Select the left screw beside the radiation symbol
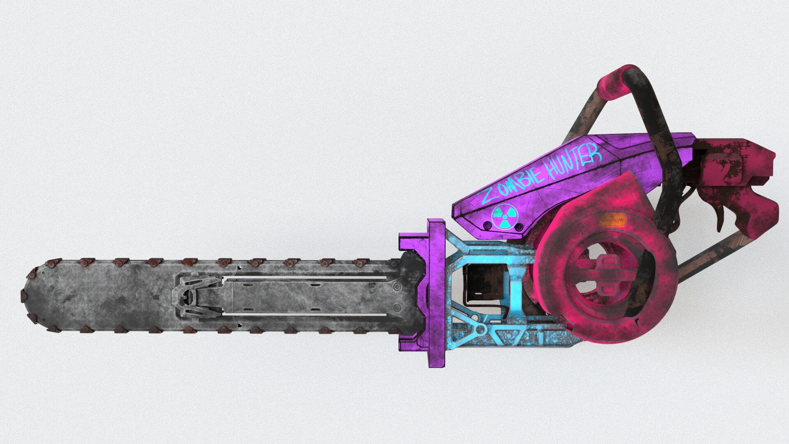487,225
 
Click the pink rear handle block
740,164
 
